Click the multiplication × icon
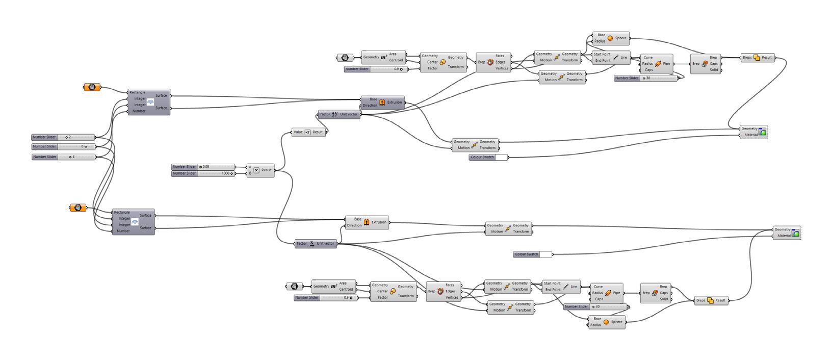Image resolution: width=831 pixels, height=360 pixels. point(256,170)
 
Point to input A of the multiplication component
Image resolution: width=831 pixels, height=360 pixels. point(250,167)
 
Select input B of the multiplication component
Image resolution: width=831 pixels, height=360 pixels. point(250,173)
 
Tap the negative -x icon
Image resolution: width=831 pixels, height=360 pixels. point(307,132)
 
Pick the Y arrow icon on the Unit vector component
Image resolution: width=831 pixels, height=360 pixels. point(335,114)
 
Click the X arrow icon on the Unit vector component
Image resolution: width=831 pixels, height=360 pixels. point(312,244)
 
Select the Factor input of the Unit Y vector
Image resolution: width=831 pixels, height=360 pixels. point(325,114)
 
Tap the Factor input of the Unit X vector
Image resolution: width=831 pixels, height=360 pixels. point(302,244)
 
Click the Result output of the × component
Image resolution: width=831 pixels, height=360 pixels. point(267,170)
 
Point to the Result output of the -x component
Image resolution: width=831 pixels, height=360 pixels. point(318,132)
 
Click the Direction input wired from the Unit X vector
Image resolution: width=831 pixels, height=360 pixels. point(354,225)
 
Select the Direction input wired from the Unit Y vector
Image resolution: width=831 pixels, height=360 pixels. point(370,106)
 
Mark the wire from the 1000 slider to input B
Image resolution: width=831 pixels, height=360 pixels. point(241,173)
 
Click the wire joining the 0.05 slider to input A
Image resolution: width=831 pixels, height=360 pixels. point(241,167)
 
